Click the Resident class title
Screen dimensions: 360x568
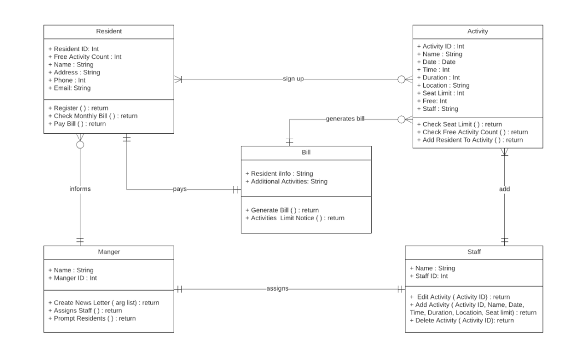[109, 32]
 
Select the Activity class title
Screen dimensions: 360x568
[478, 32]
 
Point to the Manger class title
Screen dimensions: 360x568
[109, 251]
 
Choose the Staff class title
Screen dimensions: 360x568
[474, 251]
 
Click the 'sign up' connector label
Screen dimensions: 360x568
[293, 79]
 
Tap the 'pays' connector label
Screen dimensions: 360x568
[179, 189]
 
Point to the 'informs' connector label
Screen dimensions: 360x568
[80, 189]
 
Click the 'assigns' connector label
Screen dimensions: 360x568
[277, 288]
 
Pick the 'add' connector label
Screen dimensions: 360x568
[504, 189]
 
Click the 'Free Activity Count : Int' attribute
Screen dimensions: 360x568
[85, 57]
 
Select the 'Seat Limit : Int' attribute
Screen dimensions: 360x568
[440, 93]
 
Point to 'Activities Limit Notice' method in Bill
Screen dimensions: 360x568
[295, 218]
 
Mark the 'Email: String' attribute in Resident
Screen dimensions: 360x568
[69, 88]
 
